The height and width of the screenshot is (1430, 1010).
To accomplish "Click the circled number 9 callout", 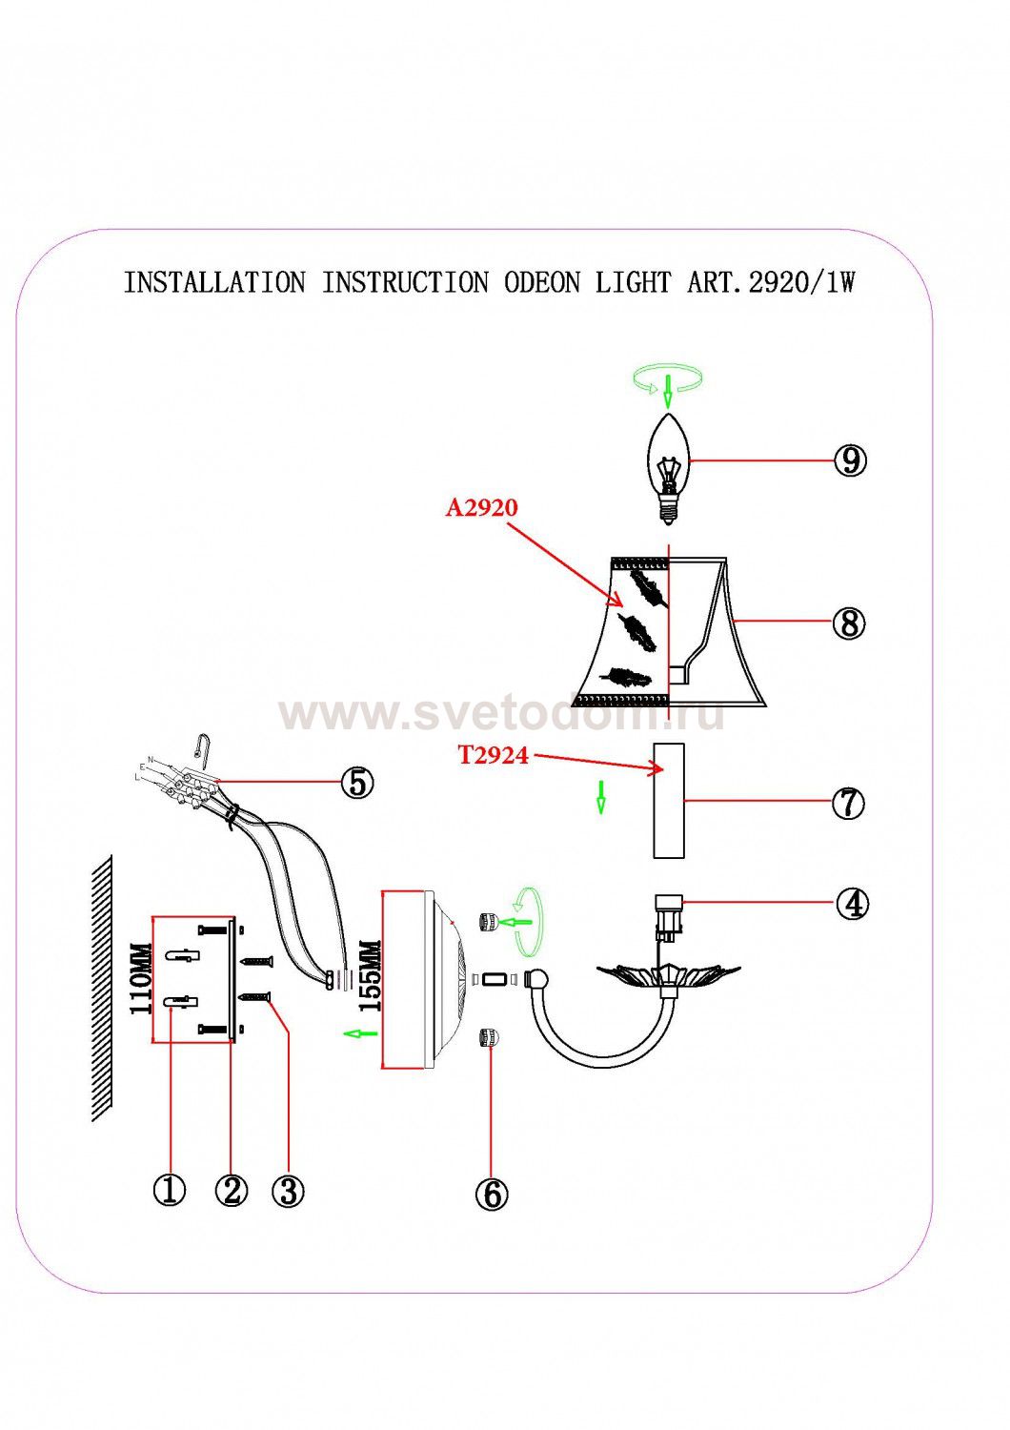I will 849,460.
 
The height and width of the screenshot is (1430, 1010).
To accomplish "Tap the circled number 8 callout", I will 848,623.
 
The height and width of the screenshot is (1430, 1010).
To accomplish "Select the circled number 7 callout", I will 848,803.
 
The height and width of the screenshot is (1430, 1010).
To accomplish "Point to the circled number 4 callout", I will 852,903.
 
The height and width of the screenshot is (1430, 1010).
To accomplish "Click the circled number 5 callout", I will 356,783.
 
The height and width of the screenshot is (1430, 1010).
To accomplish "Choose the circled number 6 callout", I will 491,1194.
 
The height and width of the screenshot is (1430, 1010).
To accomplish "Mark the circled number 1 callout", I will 170,1190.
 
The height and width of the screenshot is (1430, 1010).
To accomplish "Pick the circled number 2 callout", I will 231,1190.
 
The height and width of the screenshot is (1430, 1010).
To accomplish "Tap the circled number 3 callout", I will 288,1190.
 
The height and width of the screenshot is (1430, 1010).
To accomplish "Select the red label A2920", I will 482,507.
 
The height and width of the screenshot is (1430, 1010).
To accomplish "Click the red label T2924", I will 493,755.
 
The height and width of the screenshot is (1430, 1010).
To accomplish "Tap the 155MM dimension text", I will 369,977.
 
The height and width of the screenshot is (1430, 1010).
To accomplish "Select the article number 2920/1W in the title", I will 801,283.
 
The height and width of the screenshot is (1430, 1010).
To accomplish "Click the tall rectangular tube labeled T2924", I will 667,801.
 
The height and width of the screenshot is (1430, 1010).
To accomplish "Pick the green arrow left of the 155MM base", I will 358,1033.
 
